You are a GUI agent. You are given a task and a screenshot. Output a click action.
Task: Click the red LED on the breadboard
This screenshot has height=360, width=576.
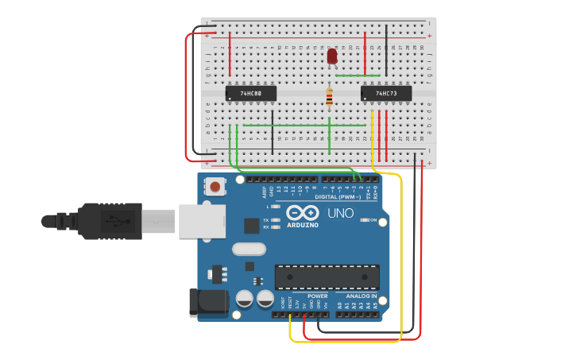point(332,56)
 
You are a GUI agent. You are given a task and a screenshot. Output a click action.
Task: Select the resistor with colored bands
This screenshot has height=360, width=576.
point(330,98)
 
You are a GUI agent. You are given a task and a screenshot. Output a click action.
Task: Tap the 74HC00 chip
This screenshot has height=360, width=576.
point(251,94)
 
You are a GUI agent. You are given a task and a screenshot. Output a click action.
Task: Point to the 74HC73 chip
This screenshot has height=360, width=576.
point(386,94)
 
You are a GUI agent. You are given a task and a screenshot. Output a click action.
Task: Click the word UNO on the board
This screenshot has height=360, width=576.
point(341,213)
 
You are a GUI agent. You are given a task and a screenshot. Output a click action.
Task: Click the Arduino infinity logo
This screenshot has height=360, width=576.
point(303,213)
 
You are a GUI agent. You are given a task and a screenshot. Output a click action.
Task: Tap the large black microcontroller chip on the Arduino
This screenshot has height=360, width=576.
point(325,277)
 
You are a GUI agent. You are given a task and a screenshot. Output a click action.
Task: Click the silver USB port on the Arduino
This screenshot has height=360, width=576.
point(198,221)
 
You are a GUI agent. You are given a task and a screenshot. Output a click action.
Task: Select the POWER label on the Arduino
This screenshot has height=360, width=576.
point(317,296)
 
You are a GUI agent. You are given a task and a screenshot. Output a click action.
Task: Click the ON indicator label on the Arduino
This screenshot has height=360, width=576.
point(373,219)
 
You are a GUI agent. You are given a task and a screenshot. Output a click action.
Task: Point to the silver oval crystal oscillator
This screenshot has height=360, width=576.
point(249,249)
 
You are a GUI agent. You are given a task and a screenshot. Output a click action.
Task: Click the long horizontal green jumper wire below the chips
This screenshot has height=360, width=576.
point(286,125)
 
